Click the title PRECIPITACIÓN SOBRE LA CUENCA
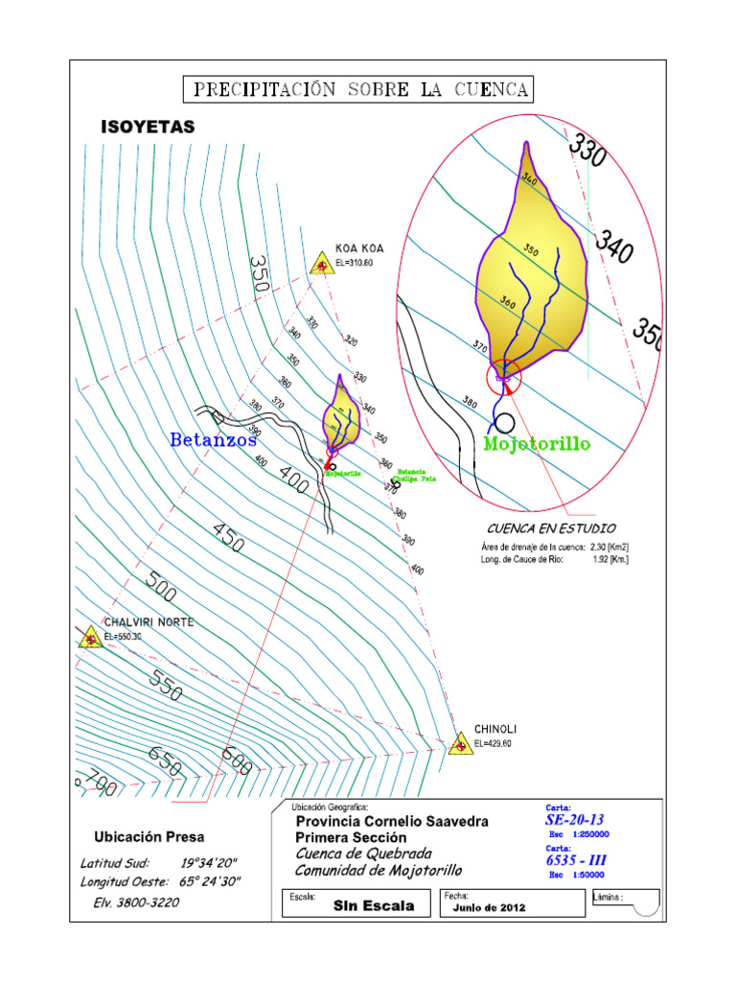[x=359, y=90]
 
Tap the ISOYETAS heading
[x=148, y=127]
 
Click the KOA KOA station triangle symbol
[x=322, y=264]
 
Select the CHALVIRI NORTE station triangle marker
[x=90, y=638]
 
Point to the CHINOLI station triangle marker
[x=461, y=744]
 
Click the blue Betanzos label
[x=213, y=440]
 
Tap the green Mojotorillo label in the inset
[x=537, y=444]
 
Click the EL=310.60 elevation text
[x=355, y=263]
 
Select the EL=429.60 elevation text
[x=494, y=744]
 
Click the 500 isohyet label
[x=162, y=587]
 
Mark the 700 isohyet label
[x=99, y=783]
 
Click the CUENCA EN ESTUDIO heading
[x=551, y=528]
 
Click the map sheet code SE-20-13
[x=575, y=820]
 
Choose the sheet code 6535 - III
[x=576, y=860]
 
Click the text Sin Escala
[x=374, y=906]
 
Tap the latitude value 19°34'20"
[x=210, y=862]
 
